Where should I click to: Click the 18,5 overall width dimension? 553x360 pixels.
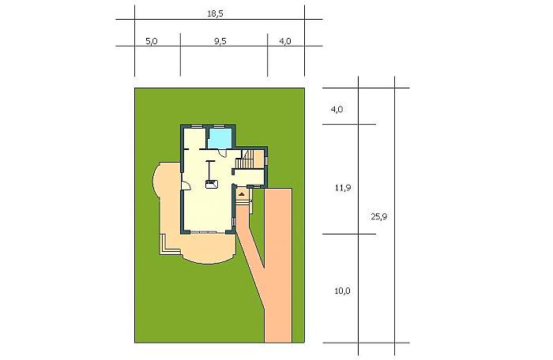[215, 14]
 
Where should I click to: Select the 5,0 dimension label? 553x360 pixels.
[152, 41]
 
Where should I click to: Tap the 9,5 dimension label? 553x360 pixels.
[220, 41]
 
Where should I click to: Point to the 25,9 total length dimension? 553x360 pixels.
[379, 216]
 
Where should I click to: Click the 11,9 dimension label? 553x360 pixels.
[343, 188]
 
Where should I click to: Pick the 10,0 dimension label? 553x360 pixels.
[342, 291]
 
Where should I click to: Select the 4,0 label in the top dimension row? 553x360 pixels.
[285, 41]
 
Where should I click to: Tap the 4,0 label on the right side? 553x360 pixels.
[337, 109]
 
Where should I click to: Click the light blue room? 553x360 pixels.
[220, 138]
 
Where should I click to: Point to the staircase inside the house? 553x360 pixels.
[245, 159]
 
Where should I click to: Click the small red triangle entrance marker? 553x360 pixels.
[242, 194]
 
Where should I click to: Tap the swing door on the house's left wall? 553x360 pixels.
[185, 185]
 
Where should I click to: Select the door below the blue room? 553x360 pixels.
[223, 152]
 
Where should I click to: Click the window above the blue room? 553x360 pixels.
[219, 126]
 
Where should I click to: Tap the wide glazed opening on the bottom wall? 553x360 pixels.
[208, 232]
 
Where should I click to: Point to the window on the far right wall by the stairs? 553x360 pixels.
[266, 161]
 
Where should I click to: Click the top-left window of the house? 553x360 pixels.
[197, 126]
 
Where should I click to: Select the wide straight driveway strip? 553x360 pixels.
[278, 265]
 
